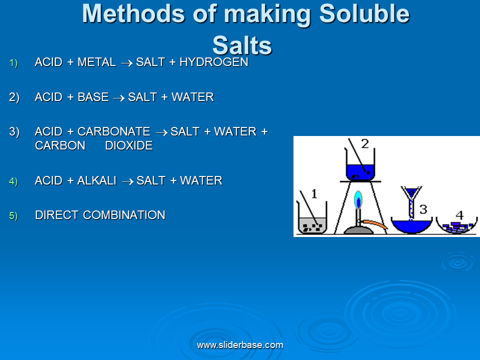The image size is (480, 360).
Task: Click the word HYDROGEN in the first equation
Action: tap(213, 62)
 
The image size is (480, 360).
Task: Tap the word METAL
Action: tap(96, 62)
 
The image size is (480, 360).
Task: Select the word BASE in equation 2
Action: tap(93, 97)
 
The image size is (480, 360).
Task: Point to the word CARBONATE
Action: tap(114, 131)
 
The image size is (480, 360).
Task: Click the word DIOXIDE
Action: tap(129, 145)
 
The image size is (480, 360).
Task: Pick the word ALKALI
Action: tap(96, 180)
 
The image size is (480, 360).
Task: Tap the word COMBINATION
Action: tap(124, 215)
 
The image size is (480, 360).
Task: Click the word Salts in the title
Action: tap(242, 45)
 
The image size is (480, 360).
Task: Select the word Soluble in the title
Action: tap(364, 14)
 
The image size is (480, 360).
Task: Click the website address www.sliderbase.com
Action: tap(240, 345)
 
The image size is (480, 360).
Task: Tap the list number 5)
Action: tap(13, 216)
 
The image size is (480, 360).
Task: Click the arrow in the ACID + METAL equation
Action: tap(126, 63)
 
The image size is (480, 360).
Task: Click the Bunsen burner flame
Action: tap(358, 199)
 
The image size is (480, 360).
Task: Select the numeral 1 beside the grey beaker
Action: tap(314, 194)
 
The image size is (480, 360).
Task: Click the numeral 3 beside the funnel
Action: tap(423, 209)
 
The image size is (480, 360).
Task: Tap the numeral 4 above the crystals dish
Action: tap(459, 215)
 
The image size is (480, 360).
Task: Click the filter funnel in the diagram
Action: tap(411, 199)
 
